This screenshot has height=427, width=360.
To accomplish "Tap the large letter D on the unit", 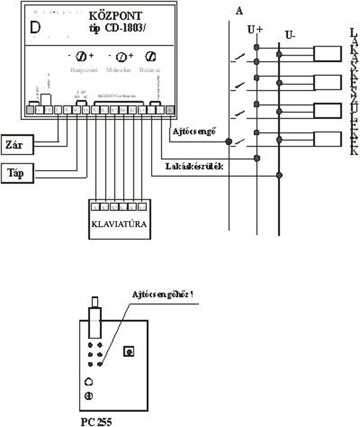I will coord(35,28).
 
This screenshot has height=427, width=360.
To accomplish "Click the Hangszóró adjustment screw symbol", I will coord(80,58).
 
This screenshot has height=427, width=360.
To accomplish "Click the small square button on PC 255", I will coord(128,351).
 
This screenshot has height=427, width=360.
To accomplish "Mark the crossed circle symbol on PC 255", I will coord(89,395).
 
